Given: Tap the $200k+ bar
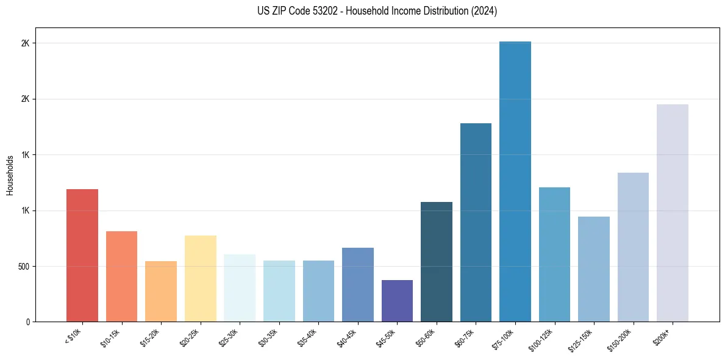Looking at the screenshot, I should pyautogui.click(x=673, y=213).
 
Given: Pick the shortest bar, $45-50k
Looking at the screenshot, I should pyautogui.click(x=397, y=301).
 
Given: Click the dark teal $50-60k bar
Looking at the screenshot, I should pyautogui.click(x=437, y=262).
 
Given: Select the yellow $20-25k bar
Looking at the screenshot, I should pyautogui.click(x=200, y=278).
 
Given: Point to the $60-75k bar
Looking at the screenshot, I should pyautogui.click(x=476, y=222).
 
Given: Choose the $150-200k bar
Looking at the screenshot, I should pyautogui.click(x=633, y=247).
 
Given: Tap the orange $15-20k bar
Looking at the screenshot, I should pyautogui.click(x=161, y=291).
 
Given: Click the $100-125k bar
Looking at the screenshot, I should pyautogui.click(x=554, y=254).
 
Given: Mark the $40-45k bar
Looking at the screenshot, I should pyautogui.click(x=358, y=284).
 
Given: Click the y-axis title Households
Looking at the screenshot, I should pyautogui.click(x=10, y=175).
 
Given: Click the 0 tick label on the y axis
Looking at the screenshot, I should pyautogui.click(x=27, y=322).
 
